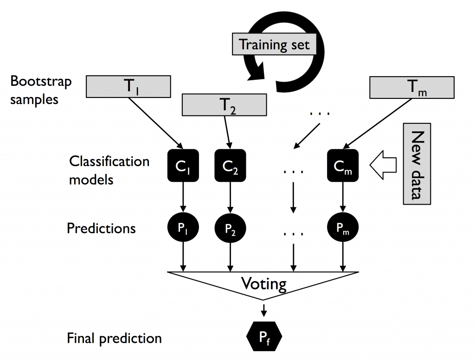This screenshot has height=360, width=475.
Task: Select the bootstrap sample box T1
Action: (x=129, y=87)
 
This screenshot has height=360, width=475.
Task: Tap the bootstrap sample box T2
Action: (x=225, y=105)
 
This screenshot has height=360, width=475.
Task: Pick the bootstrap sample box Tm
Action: (x=411, y=87)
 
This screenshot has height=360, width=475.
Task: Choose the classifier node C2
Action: (x=230, y=165)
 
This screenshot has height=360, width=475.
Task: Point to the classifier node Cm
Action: (x=343, y=165)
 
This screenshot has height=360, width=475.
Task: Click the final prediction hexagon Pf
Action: (x=263, y=334)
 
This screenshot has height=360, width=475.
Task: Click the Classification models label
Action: (x=109, y=170)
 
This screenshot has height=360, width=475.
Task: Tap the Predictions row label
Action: (x=101, y=228)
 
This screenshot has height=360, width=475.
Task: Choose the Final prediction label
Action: (x=114, y=338)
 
